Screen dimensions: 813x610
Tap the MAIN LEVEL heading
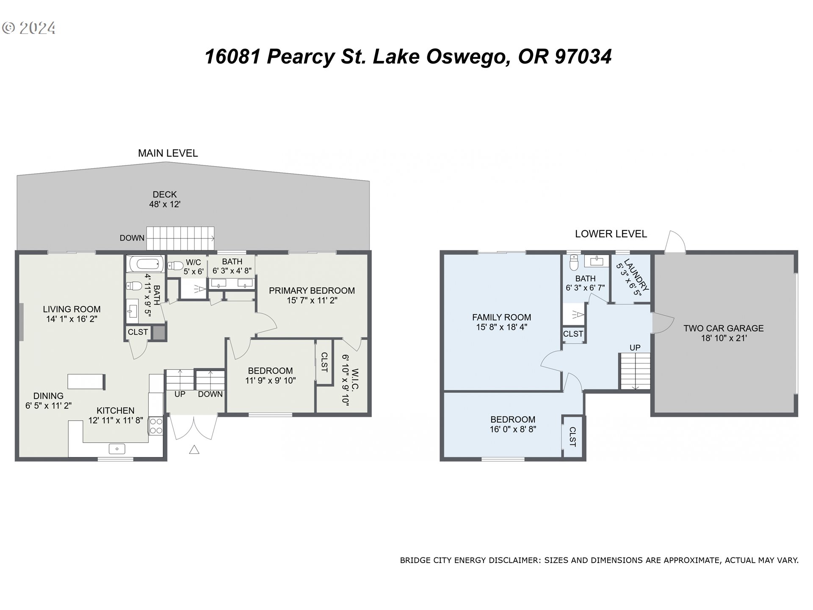(x=168, y=153)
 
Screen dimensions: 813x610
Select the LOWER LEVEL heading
(x=611, y=234)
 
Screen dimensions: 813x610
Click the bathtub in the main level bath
(x=144, y=264)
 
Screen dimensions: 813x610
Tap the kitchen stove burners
(x=156, y=426)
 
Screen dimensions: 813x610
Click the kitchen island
(x=86, y=381)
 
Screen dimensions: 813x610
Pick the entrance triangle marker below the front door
(x=194, y=449)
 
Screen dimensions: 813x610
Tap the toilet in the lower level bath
(x=574, y=262)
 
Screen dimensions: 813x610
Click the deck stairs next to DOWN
(x=180, y=238)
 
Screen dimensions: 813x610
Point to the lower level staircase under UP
(x=635, y=372)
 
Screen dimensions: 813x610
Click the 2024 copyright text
(x=29, y=28)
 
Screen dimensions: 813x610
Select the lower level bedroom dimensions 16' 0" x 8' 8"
(x=513, y=429)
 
